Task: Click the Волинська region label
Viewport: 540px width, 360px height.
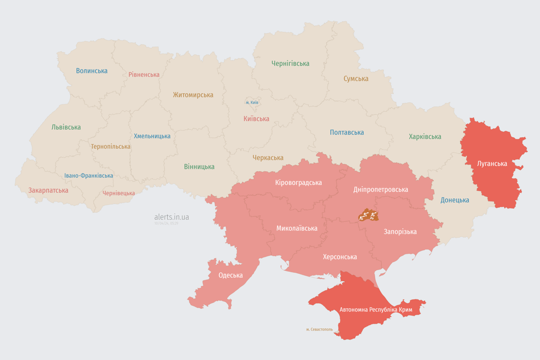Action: click(92, 71)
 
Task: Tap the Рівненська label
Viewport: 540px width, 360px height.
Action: click(144, 75)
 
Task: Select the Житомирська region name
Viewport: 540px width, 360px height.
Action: click(193, 95)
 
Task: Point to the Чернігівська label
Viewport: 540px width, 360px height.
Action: click(290, 63)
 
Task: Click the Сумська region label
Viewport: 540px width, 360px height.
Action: click(356, 79)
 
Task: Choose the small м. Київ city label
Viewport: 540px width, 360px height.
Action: click(252, 102)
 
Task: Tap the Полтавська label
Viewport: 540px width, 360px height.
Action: click(347, 132)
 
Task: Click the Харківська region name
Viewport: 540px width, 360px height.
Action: click(425, 136)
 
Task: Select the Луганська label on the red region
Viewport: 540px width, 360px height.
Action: click(492, 164)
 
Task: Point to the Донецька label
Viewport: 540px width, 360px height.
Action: click(455, 200)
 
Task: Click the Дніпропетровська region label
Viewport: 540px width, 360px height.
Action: click(380, 189)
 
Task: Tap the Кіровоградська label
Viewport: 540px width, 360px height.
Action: click(299, 182)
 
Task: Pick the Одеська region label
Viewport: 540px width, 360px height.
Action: click(231, 275)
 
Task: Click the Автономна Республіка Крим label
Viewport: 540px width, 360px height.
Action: click(375, 310)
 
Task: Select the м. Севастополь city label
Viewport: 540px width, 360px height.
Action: click(319, 329)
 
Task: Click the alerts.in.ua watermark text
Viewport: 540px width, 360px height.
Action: click(172, 217)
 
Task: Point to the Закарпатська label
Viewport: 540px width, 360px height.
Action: click(48, 190)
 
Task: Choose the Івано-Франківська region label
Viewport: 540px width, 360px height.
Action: click(89, 176)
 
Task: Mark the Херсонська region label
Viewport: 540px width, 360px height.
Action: click(340, 257)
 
